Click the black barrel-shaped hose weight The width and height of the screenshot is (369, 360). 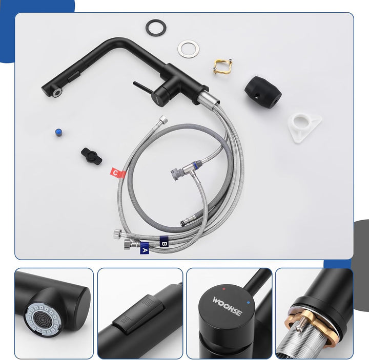pos(263,92)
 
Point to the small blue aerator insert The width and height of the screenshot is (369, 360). pos(58,133)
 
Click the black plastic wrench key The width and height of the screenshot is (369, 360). pos(92,156)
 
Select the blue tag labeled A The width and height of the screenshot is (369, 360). pos(145,248)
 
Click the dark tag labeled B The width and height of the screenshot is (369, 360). pos(165,242)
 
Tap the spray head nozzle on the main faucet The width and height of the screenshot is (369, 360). pos(57,91)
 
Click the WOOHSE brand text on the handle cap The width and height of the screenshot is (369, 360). pos(227,306)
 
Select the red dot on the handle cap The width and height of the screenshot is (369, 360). pos(224,288)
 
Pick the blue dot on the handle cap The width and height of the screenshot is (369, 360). pos(248,303)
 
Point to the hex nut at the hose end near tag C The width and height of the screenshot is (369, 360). pos(163,120)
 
